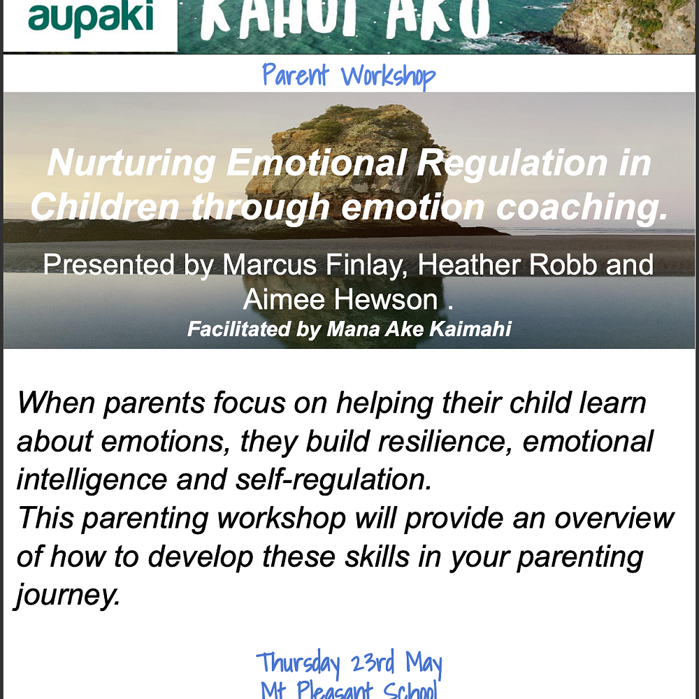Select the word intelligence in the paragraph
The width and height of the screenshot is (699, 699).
[91, 480]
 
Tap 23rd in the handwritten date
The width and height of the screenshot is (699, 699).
[373, 662]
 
